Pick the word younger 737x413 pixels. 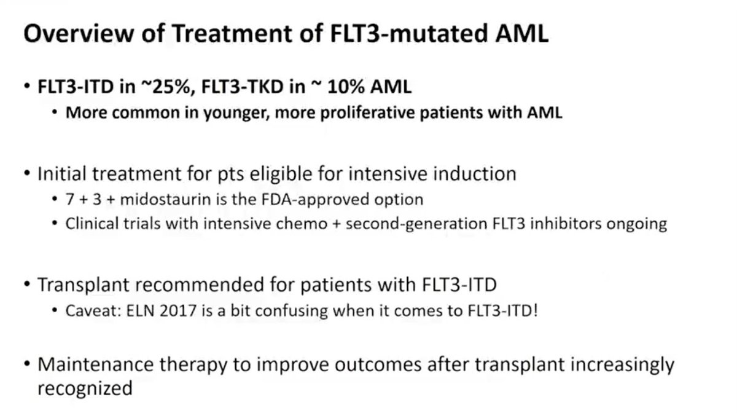pyautogui.click(x=270, y=114)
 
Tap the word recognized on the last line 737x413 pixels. pyautogui.click(x=85, y=388)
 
